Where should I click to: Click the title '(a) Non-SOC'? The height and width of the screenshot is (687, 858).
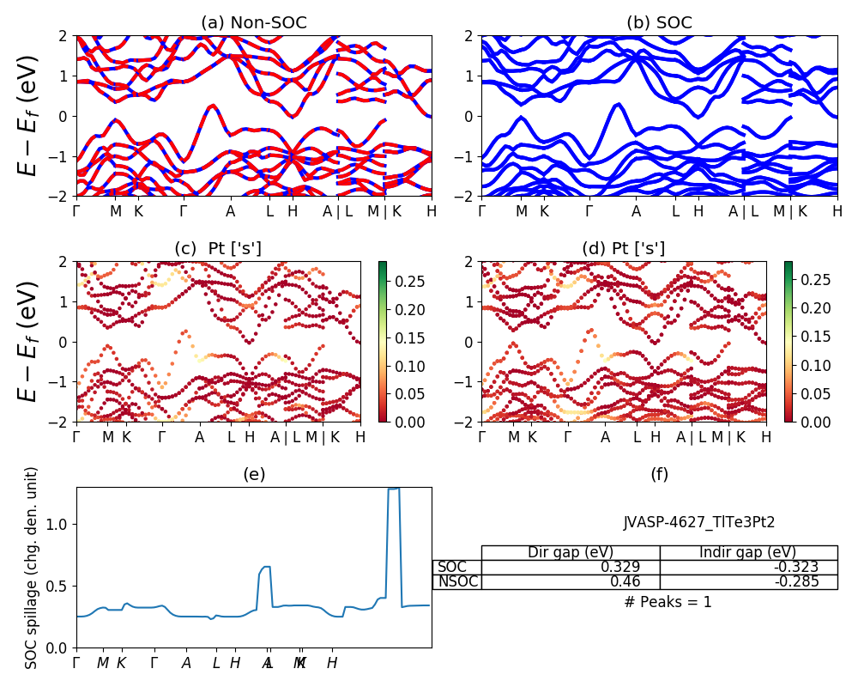(254, 22)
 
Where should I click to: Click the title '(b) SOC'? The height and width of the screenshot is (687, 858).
(659, 22)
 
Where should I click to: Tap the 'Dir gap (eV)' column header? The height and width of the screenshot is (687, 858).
(570, 552)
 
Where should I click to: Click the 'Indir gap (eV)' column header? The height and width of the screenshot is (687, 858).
(748, 552)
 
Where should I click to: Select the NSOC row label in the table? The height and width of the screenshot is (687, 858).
(457, 581)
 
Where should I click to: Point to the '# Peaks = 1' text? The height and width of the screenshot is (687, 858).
(668, 602)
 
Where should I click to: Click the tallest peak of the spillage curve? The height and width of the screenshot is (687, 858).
(394, 489)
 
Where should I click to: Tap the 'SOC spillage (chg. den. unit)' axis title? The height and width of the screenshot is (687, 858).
(32, 568)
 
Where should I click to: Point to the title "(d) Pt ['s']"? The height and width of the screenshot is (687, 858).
(624, 249)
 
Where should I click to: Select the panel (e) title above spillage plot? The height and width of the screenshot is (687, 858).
(254, 474)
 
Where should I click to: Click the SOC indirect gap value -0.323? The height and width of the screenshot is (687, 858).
(795, 567)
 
